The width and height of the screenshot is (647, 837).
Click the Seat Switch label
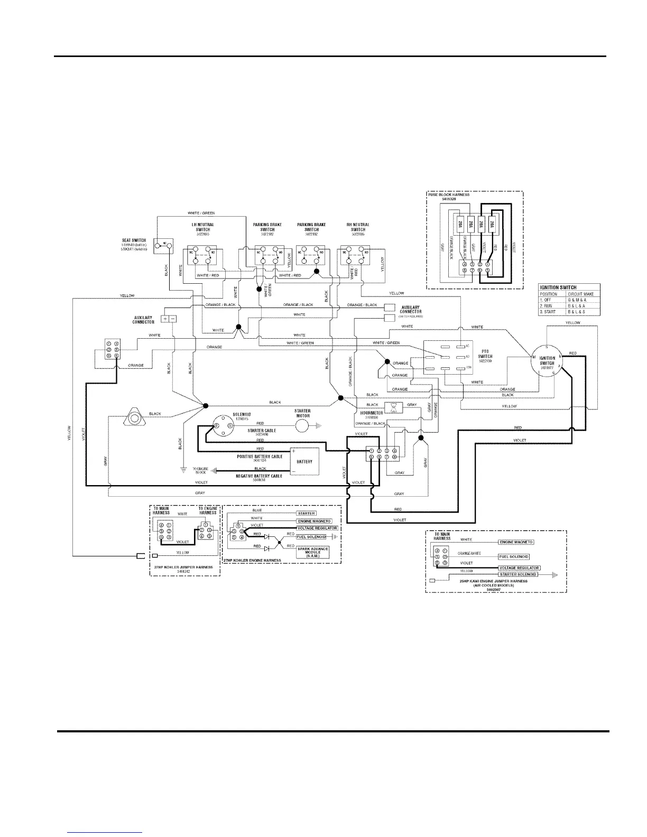pyautogui.click(x=134, y=240)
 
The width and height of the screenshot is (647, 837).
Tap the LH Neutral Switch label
pyautogui.click(x=202, y=227)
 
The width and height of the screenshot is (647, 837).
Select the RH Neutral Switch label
pyautogui.click(x=358, y=227)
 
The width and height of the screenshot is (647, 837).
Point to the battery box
pyautogui.click(x=304, y=461)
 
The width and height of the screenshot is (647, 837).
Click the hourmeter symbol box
pyautogui.click(x=394, y=407)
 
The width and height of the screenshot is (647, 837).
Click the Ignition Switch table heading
pyautogui.click(x=558, y=287)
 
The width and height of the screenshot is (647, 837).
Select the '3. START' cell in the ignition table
pyautogui.click(x=548, y=312)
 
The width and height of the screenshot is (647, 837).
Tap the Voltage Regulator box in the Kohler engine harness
pyautogui.click(x=317, y=528)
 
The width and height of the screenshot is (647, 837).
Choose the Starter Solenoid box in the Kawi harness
pyautogui.click(x=519, y=574)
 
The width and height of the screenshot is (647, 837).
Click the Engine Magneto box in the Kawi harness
pyautogui.click(x=516, y=542)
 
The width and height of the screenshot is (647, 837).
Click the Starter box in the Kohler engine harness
pyautogui.click(x=307, y=513)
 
